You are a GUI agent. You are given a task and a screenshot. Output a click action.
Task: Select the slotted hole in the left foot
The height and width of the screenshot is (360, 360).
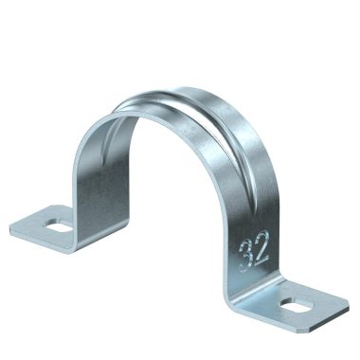pyautogui.click(x=53, y=226)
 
